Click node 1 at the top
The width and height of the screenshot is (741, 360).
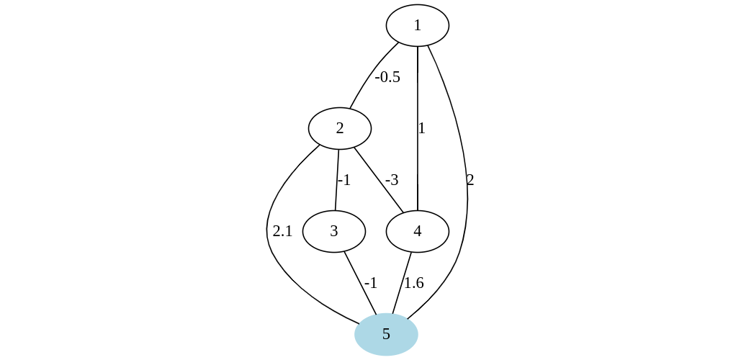pos(417,25)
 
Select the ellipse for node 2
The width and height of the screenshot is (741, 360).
pos(339,129)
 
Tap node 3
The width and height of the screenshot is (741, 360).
pos(333,231)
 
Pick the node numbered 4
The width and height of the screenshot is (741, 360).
pos(417,231)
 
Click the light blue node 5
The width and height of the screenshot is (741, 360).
pos(386,334)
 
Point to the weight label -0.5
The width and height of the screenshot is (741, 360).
pos(387,77)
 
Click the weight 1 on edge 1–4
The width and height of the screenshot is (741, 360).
pos(422,129)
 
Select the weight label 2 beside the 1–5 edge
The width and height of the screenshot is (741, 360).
pos(470,180)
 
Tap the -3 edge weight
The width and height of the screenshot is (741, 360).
pos(392,180)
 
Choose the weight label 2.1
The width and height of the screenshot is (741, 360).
pos(282,231)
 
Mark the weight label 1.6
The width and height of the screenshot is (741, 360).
pos(413,283)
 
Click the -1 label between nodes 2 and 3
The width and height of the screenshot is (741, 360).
pos(344,180)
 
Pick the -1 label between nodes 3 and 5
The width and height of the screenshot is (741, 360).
pos(371,283)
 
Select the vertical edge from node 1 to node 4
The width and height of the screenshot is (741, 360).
pos(418,166)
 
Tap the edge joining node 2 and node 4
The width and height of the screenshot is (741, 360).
pos(377,179)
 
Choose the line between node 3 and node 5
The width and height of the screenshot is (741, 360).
pos(360,283)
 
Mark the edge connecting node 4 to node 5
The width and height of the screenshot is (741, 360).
pos(402,283)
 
